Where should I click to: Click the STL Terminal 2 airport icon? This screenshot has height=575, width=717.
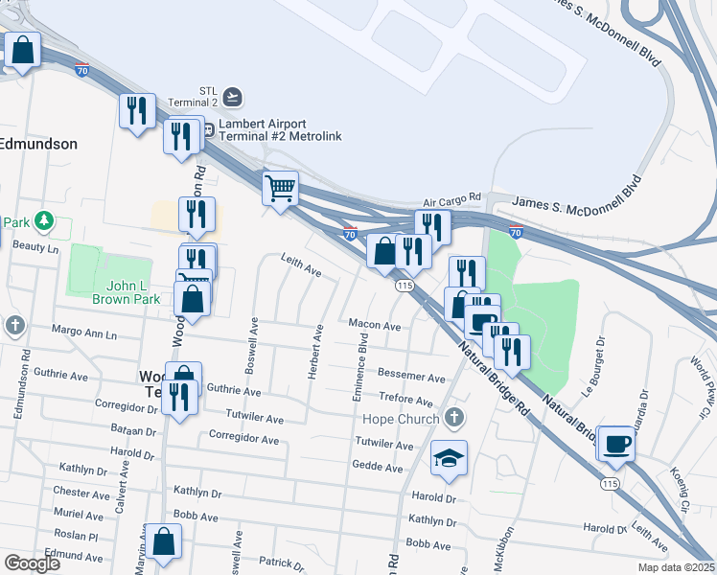click(x=233, y=96)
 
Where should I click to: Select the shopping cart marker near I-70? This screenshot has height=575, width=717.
click(x=280, y=188)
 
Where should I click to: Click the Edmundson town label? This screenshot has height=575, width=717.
click(x=38, y=143)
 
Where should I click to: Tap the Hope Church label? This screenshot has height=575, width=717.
click(x=402, y=419)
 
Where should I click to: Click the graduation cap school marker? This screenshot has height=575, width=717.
click(x=448, y=458)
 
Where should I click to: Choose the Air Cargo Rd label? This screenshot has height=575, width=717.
click(x=451, y=203)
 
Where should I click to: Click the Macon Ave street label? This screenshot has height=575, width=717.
click(x=374, y=326)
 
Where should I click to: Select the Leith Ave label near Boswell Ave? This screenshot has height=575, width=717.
click(x=300, y=265)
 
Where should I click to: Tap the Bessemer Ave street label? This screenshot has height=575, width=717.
click(x=411, y=378)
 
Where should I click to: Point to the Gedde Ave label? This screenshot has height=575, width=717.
click(x=379, y=468)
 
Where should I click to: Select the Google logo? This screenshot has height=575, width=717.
click(x=33, y=563)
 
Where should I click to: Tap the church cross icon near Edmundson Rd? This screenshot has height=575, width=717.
click(x=14, y=326)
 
